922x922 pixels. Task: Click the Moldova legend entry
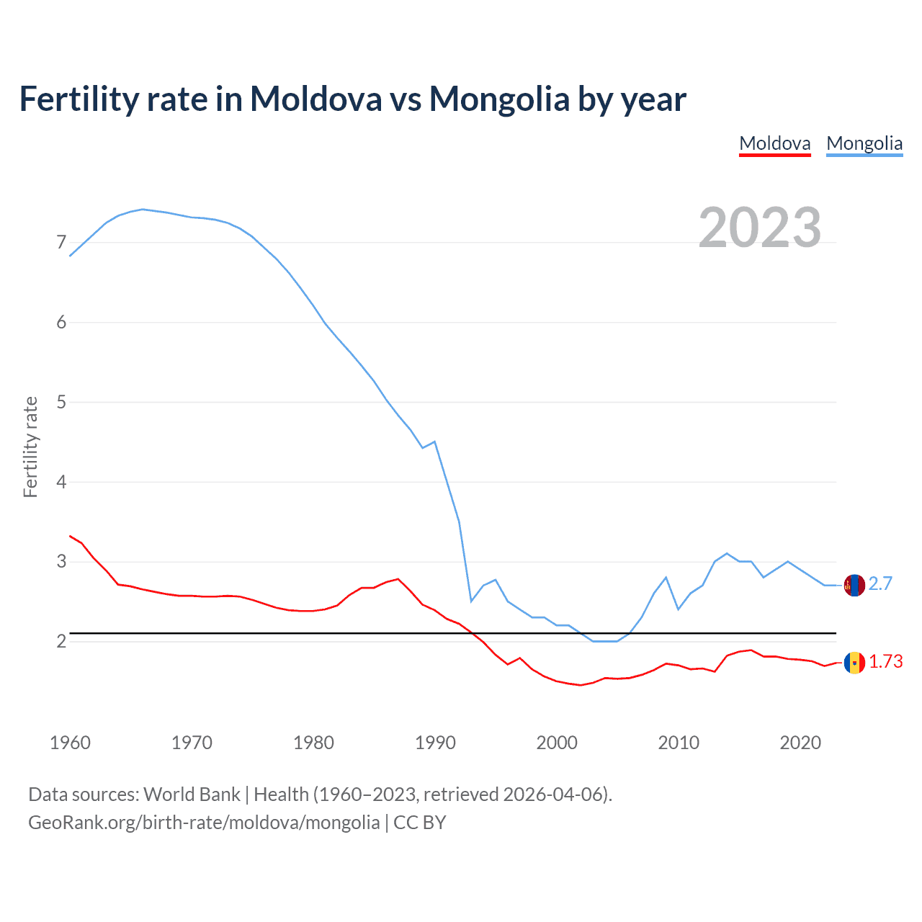pos(775,143)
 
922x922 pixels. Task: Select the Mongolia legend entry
pos(864,143)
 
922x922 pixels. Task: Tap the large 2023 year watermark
pos(760,228)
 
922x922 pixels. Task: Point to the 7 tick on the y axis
pos(61,243)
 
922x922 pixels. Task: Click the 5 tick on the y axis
pos(61,402)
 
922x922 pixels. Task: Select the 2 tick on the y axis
pos(61,641)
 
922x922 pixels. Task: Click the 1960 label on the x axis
pos(70,743)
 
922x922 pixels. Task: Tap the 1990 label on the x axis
pos(435,743)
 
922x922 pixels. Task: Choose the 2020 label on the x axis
pos(800,743)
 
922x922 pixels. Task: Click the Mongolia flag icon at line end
pos(854,585)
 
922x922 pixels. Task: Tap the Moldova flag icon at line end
pos(854,663)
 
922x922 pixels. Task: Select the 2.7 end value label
pos(880,584)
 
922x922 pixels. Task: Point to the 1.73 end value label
pos(885,662)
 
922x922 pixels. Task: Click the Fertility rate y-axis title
pos(30,447)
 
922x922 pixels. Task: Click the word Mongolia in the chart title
pos(499,99)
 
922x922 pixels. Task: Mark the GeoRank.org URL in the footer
pos(204,823)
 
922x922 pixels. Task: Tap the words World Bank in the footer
pos(192,795)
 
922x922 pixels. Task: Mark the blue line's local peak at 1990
pos(434,442)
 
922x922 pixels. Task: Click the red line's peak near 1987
pos(398,578)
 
